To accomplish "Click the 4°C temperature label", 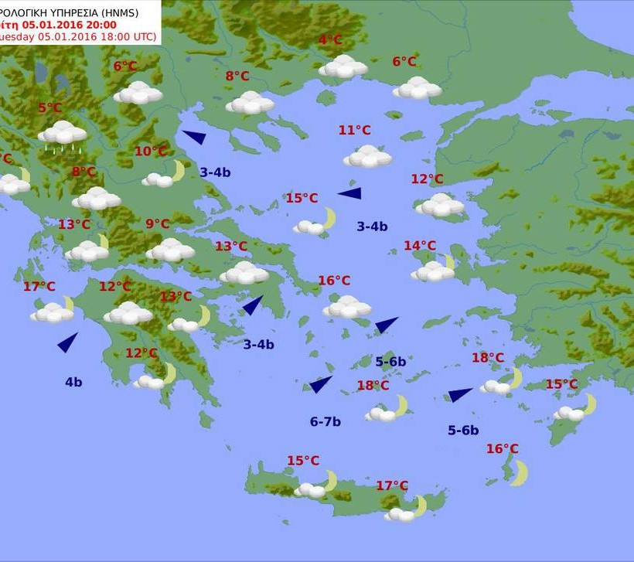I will [330, 40].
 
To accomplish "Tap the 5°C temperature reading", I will [49, 108].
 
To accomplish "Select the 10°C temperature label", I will [150, 152].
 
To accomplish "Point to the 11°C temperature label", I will [354, 130].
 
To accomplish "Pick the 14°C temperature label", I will [420, 246].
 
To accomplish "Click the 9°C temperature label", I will [157, 224].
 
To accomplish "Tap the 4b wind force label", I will [73, 381].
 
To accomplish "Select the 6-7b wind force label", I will [326, 421].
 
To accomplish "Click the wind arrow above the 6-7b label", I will [320, 384].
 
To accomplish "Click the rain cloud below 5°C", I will [63, 135].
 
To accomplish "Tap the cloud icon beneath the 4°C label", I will [343, 67].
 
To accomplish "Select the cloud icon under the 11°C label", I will [367, 157].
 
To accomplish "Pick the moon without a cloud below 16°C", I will [518, 472].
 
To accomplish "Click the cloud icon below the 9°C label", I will [170, 250].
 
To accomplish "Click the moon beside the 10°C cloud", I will [179, 170].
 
